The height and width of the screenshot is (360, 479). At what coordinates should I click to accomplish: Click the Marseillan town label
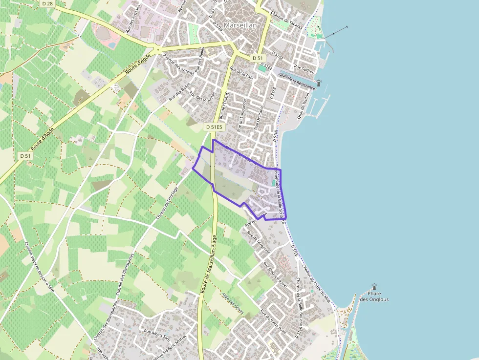pos(240,25)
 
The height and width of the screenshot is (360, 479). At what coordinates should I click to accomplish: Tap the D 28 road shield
pos(47,3)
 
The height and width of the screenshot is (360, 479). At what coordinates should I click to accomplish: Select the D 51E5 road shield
pos(214,127)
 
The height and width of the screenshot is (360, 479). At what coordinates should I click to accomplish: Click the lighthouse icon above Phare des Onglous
pos(374,287)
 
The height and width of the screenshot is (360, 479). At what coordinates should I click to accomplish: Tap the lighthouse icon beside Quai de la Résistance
pos(319,83)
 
